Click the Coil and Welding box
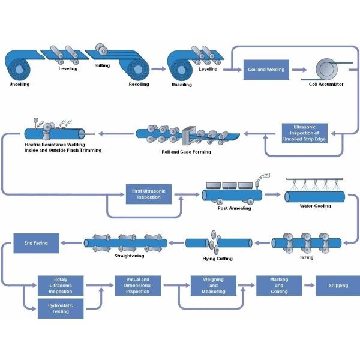(266, 69)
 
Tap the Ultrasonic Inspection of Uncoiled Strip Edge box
(304, 132)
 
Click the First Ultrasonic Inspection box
(149, 194)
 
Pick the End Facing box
(35, 243)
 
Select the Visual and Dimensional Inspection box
(137, 286)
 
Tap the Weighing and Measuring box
(214, 286)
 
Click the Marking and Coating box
(279, 286)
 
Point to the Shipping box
(338, 286)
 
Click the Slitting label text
(103, 65)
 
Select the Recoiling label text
(139, 85)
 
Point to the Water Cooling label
(314, 206)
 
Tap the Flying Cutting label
(217, 259)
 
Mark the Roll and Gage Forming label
(186, 152)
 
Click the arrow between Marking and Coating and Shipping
(308, 286)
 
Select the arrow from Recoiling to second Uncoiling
(158, 69)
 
